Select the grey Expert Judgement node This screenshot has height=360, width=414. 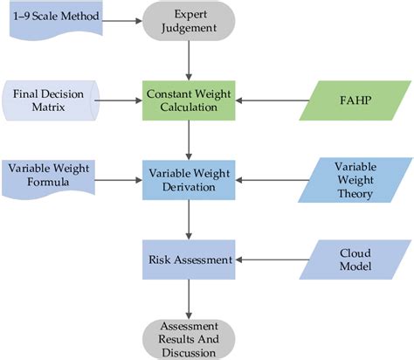pyautogui.click(x=190, y=22)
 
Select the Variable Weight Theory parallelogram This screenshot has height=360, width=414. pyautogui.click(x=354, y=180)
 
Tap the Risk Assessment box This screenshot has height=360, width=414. pyautogui.click(x=190, y=259)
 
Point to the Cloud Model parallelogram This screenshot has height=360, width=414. pyautogui.click(x=354, y=259)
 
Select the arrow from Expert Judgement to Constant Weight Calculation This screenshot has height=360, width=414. pyautogui.click(x=190, y=60)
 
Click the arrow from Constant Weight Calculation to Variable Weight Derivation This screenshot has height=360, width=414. pyautogui.click(x=190, y=140)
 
